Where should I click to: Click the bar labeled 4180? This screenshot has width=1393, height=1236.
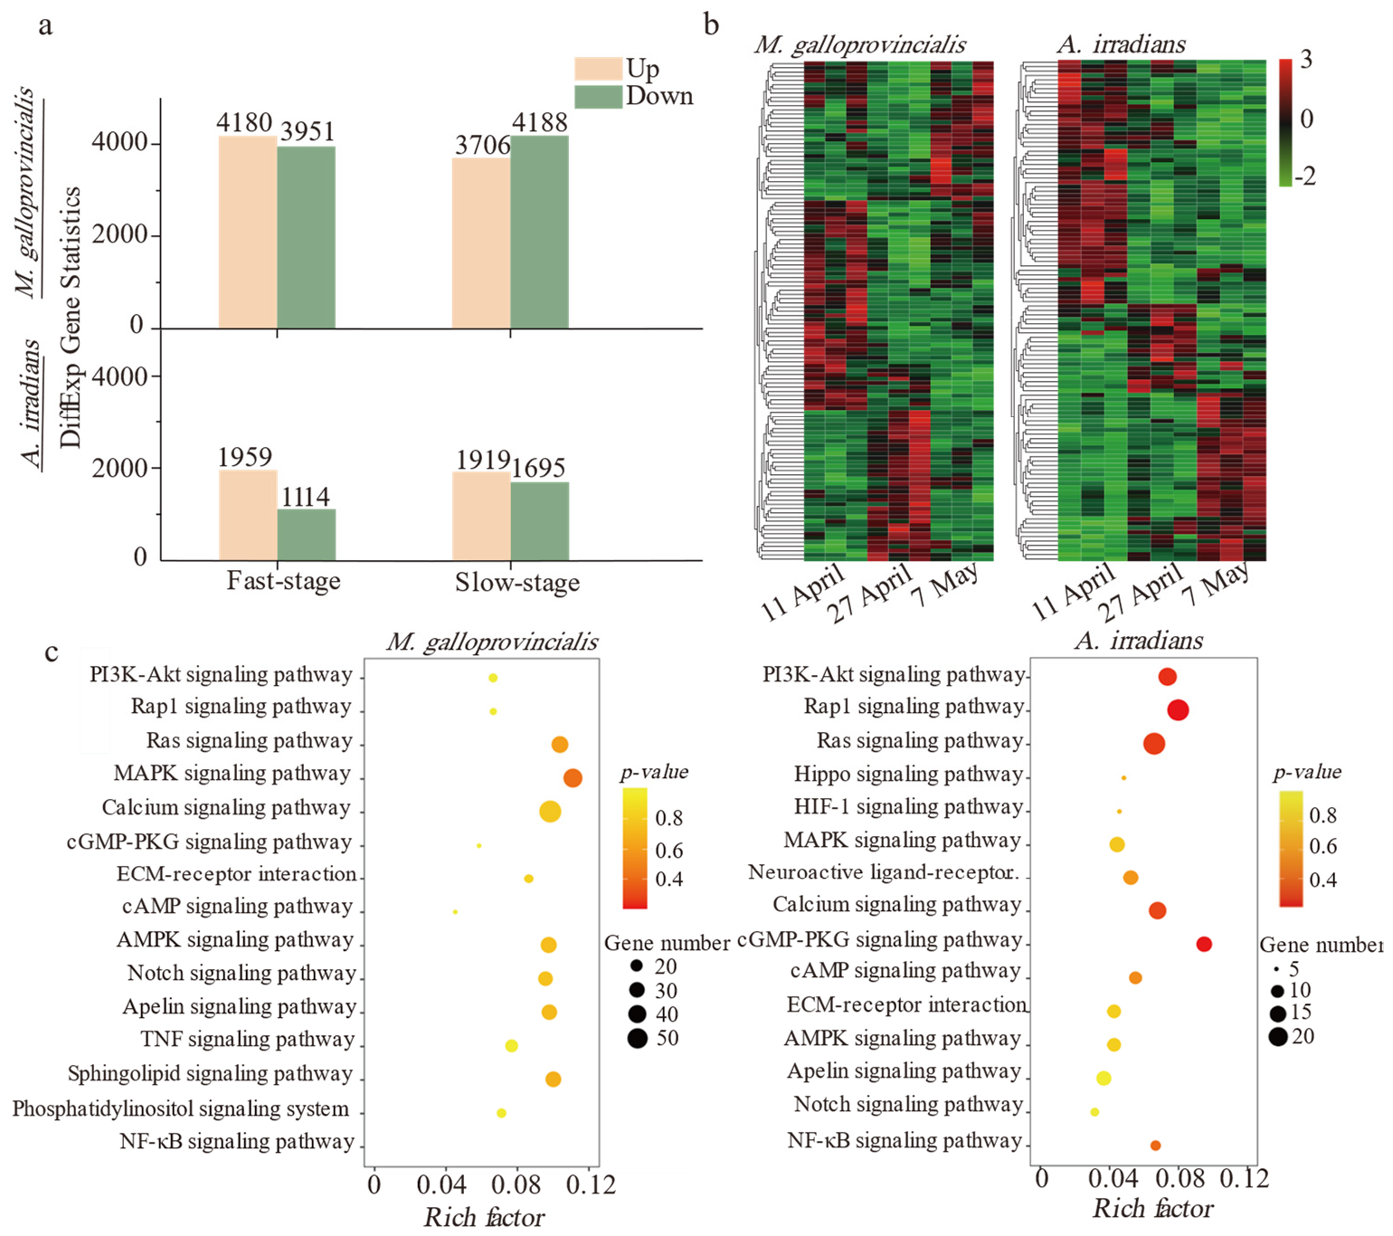pyautogui.click(x=247, y=232)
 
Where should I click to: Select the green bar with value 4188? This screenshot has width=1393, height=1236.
pyautogui.click(x=539, y=232)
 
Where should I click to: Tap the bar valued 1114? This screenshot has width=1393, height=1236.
pyautogui.click(x=306, y=535)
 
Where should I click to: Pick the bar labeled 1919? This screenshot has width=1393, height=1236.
pyautogui.click(x=480, y=516)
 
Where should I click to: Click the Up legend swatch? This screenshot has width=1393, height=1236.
pyautogui.click(x=597, y=70)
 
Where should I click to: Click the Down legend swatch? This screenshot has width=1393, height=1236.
pyautogui.click(x=597, y=96)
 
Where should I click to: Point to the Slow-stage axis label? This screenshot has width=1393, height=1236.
pyautogui.click(x=516, y=583)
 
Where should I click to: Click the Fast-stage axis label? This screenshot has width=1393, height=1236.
pyautogui.click(x=283, y=581)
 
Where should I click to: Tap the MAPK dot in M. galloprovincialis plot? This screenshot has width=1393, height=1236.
pyautogui.click(x=573, y=777)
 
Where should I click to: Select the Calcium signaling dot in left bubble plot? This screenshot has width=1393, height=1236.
pyautogui.click(x=550, y=812)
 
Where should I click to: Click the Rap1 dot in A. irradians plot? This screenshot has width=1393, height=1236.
pyautogui.click(x=1178, y=710)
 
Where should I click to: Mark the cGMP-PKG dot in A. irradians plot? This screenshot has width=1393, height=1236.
pyautogui.click(x=1204, y=944)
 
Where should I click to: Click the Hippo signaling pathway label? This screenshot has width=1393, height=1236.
pyautogui.click(x=908, y=775)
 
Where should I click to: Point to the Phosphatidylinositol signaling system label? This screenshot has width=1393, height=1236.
pyautogui.click(x=180, y=1109)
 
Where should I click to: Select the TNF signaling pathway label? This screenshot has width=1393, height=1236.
pyautogui.click(x=247, y=1041)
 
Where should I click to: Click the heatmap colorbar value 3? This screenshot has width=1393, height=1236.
pyautogui.click(x=1305, y=60)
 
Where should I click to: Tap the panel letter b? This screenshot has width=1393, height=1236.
pyautogui.click(x=712, y=24)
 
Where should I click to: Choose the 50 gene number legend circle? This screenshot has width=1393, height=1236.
pyautogui.click(x=638, y=1039)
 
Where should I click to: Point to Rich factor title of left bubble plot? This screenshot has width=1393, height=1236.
pyautogui.click(x=484, y=1218)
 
